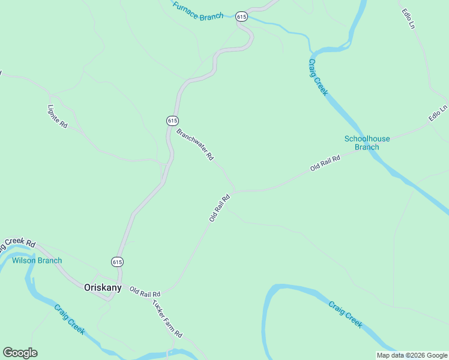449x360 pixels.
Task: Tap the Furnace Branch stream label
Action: [x=197, y=11]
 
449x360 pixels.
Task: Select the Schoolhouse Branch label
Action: [x=367, y=143]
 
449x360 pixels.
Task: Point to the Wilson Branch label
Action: [x=37, y=260]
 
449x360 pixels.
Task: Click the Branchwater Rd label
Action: [x=195, y=144]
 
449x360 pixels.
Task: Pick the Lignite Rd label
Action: [x=57, y=115]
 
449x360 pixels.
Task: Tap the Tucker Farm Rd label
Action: [x=167, y=318]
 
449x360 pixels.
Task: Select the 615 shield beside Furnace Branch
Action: [x=241, y=17]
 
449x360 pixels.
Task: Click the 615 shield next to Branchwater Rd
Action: [x=172, y=121]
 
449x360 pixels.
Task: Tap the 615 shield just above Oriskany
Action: [x=117, y=262]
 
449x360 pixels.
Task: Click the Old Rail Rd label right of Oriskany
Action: [x=145, y=293]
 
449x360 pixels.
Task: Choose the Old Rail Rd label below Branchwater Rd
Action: [x=220, y=208]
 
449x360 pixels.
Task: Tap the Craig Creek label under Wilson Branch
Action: [x=70, y=319]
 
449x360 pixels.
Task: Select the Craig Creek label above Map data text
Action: [x=345, y=314]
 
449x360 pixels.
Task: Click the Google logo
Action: [x=20, y=353]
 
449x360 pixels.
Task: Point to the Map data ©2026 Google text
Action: [x=411, y=355]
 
